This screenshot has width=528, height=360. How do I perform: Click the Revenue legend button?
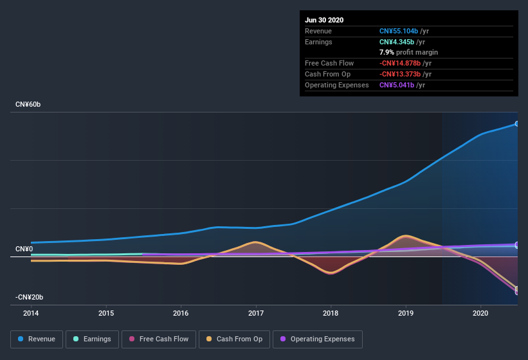(x=37, y=339)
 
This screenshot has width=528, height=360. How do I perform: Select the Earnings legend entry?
(x=92, y=339)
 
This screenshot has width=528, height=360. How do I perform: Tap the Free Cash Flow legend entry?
(x=158, y=339)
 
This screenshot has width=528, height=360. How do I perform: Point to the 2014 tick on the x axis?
(x=31, y=313)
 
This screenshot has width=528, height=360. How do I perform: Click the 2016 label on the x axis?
(x=181, y=313)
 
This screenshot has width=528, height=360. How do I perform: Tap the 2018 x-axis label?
(x=331, y=313)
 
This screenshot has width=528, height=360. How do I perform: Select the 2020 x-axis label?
(x=480, y=313)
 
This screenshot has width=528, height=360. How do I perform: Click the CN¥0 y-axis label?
(x=24, y=249)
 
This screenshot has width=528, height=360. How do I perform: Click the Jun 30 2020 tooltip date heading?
(x=324, y=20)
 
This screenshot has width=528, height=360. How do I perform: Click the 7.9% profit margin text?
(x=408, y=52)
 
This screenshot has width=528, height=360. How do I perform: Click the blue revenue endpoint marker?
(x=516, y=123)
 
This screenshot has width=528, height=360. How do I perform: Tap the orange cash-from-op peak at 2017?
(x=256, y=242)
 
